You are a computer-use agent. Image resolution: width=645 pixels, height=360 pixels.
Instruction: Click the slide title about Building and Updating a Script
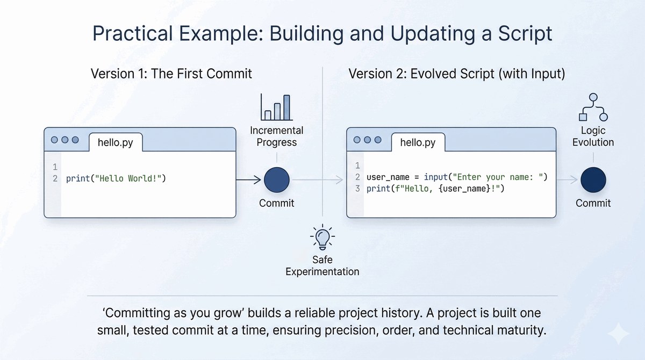[322, 33]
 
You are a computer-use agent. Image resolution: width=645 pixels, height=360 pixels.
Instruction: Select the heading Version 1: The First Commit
[171, 74]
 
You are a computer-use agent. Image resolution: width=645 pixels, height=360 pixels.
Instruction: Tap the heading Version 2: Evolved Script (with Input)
[457, 74]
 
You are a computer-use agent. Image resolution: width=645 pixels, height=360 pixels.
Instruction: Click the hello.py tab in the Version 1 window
[116, 142]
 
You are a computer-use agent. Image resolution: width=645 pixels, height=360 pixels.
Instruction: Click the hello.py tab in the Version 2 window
[418, 142]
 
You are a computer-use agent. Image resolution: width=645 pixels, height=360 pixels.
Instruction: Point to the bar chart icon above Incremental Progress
[277, 107]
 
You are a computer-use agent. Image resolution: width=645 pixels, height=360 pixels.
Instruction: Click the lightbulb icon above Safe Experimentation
[322, 237]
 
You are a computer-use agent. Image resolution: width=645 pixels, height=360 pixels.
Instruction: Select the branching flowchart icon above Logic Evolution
[593, 107]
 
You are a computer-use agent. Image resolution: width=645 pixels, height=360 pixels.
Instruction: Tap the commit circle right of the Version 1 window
[277, 180]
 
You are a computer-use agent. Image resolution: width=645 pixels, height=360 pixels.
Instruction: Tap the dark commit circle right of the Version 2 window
[593, 180]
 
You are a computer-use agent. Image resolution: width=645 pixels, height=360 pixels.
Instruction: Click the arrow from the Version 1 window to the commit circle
[248, 180]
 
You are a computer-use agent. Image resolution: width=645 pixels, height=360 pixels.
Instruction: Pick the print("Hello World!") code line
[116, 179]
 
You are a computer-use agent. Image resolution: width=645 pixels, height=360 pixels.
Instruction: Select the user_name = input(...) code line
[457, 177]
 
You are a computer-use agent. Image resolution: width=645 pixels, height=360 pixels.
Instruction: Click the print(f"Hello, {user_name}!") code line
[435, 189]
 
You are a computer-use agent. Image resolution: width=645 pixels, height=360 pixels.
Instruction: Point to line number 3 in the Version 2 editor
[357, 189]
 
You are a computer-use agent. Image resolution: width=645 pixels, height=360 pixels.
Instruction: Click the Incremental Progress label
[277, 136]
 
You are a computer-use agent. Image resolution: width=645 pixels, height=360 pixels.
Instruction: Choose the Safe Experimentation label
[322, 265]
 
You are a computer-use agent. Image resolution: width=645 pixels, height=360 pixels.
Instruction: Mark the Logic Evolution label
[593, 136]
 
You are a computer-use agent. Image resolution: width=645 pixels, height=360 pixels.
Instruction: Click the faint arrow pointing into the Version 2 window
[318, 180]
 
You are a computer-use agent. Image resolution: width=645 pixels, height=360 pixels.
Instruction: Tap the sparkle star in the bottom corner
[619, 334]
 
